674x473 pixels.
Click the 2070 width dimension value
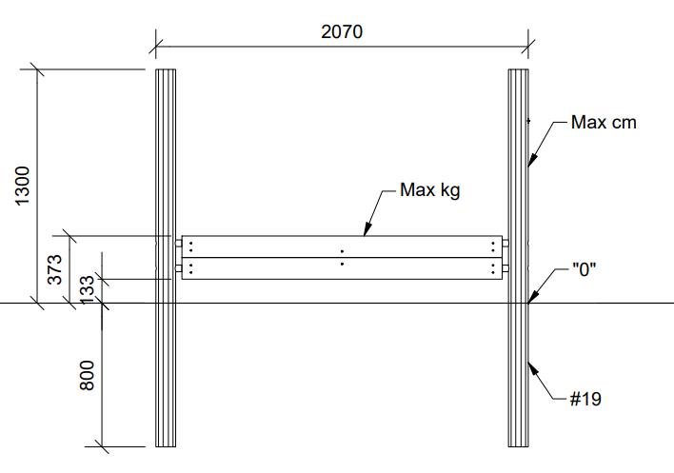[x=342, y=31]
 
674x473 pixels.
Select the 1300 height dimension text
[x=22, y=186]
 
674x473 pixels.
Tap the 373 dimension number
[x=55, y=269]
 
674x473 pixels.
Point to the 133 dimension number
[x=87, y=290]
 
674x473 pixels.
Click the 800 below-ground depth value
[x=87, y=375]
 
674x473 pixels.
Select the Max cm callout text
[x=604, y=123]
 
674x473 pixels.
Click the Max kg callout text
[x=430, y=190]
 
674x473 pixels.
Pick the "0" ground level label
[x=585, y=269]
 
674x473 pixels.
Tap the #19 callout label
[x=585, y=399]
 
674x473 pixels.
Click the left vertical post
[x=166, y=258]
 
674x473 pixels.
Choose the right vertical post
[x=519, y=258]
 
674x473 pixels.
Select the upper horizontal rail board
[x=342, y=246]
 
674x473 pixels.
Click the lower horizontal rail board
[x=342, y=268]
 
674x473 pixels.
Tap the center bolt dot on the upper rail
[x=342, y=251]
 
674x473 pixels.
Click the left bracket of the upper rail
[x=178, y=243]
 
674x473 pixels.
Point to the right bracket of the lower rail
[x=506, y=268]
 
